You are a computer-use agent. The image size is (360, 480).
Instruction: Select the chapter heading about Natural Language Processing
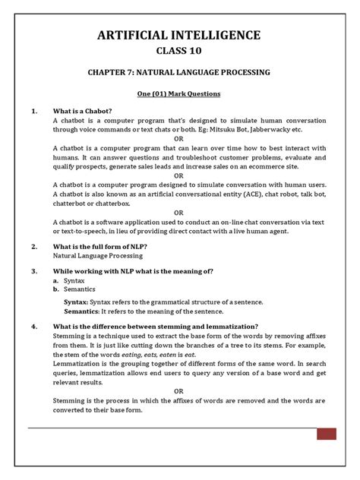tap(178, 74)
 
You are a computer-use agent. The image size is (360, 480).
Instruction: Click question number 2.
tap(34, 247)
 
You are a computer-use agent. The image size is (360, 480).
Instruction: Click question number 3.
tap(34, 271)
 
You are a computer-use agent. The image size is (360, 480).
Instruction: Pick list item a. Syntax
tap(69, 281)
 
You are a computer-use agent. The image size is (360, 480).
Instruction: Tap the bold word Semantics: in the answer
tap(83, 311)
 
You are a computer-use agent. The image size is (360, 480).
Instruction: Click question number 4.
tap(34, 327)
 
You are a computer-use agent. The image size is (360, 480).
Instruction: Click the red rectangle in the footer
tap(327, 434)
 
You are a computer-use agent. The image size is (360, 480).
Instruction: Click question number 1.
tap(34, 112)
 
